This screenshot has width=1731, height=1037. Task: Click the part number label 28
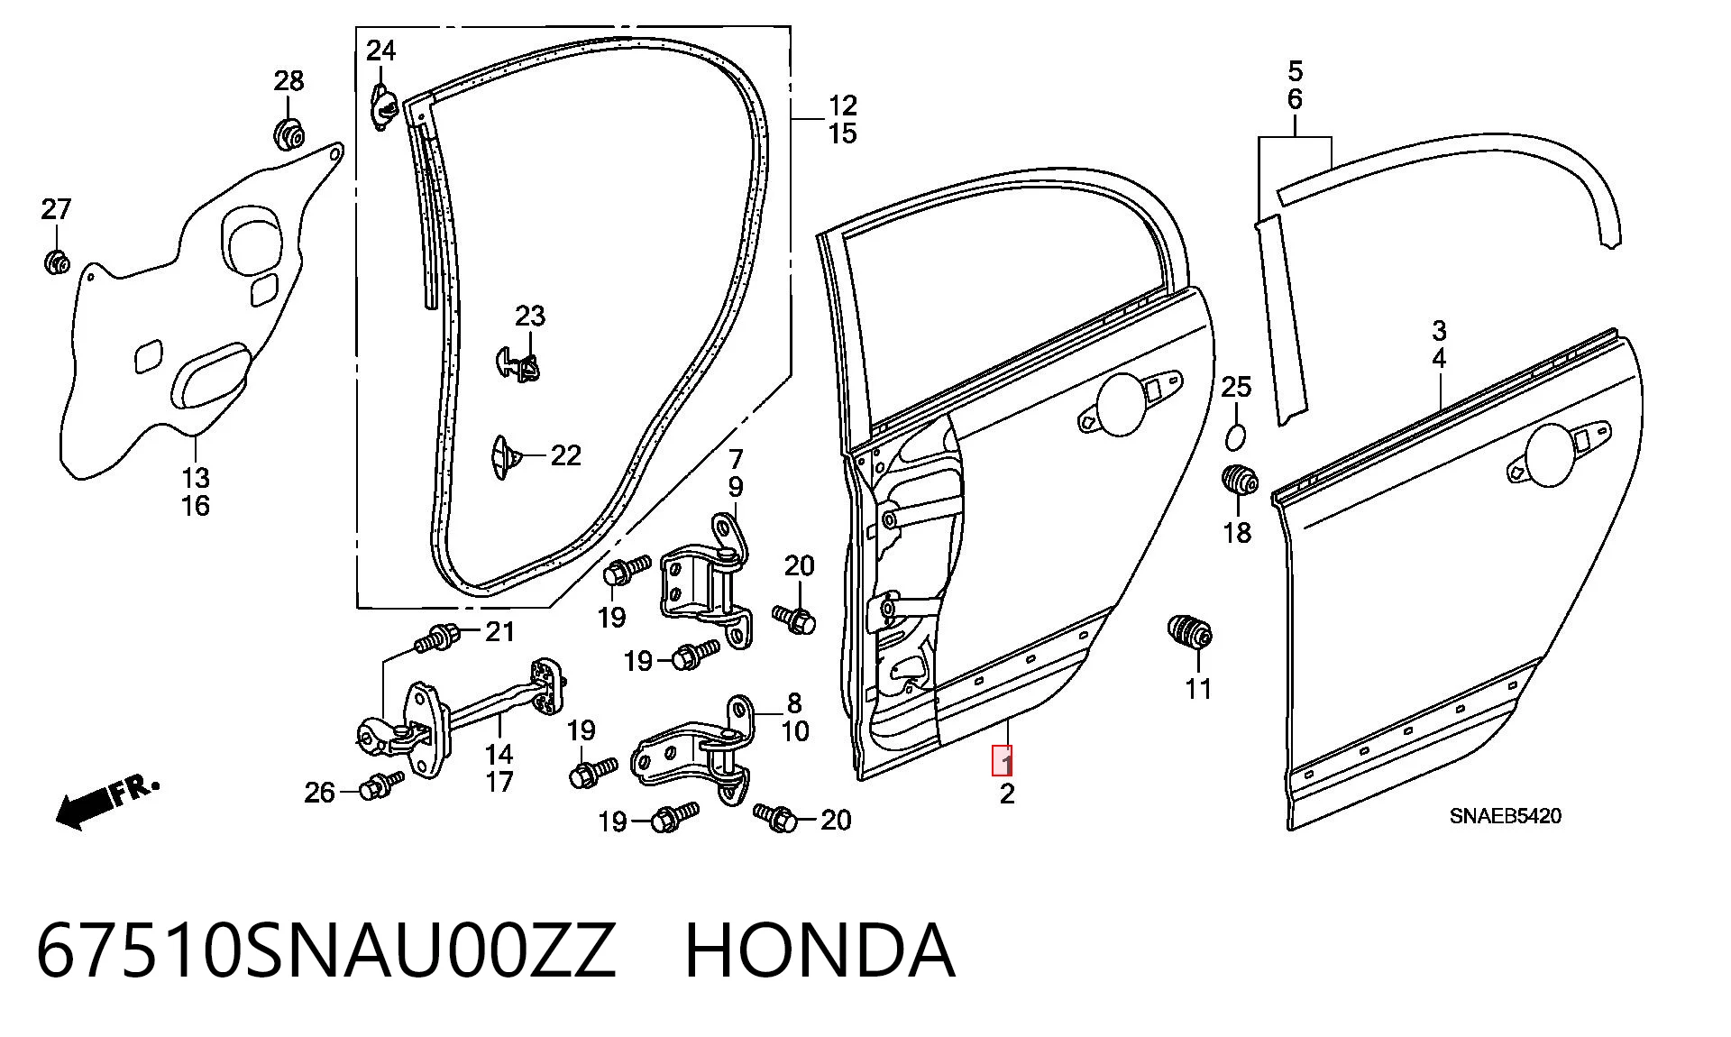pos(288,81)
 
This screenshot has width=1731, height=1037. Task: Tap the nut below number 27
pos(57,262)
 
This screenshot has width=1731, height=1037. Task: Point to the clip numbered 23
pos(518,364)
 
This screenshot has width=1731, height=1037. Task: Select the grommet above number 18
pos(1240,480)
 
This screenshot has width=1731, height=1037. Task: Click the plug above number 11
pos(1190,632)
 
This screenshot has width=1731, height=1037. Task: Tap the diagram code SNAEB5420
pos(1506,816)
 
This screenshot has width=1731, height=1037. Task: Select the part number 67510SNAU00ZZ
pos(326,950)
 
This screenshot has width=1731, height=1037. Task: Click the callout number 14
pos(499,754)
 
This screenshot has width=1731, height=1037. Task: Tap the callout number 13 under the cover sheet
pos(196,477)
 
